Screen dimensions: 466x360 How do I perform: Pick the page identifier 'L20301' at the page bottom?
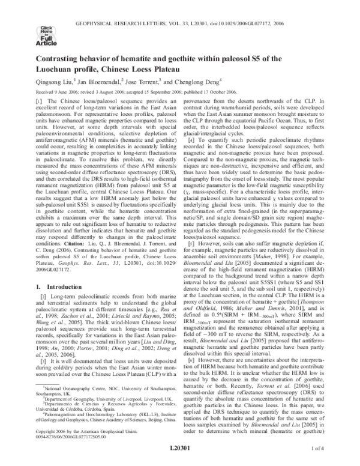coord(180,448)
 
